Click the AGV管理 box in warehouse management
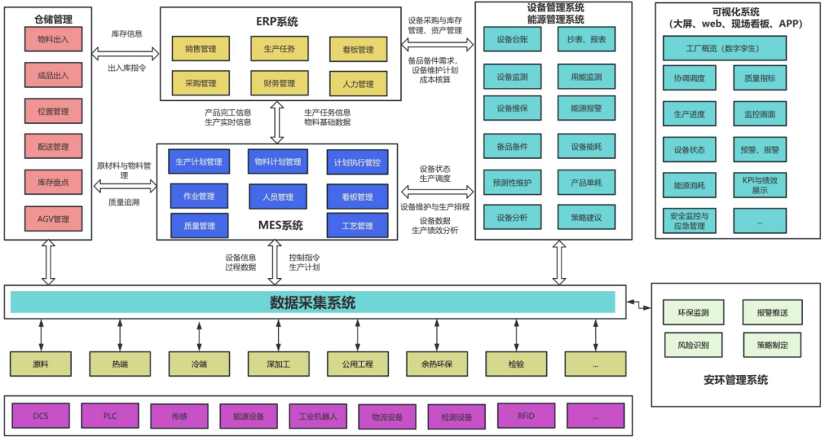click(53, 219)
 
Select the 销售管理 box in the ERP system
click(200, 49)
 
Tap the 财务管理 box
click(278, 83)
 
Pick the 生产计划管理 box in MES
click(198, 162)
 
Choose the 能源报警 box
click(586, 108)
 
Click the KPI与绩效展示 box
click(759, 184)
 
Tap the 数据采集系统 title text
click(312, 303)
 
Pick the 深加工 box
click(278, 364)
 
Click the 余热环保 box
click(436, 364)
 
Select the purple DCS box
click(40, 416)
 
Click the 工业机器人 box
click(318, 416)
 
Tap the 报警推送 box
click(772, 312)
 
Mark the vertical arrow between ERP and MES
click(277, 122)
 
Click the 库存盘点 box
click(53, 182)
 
